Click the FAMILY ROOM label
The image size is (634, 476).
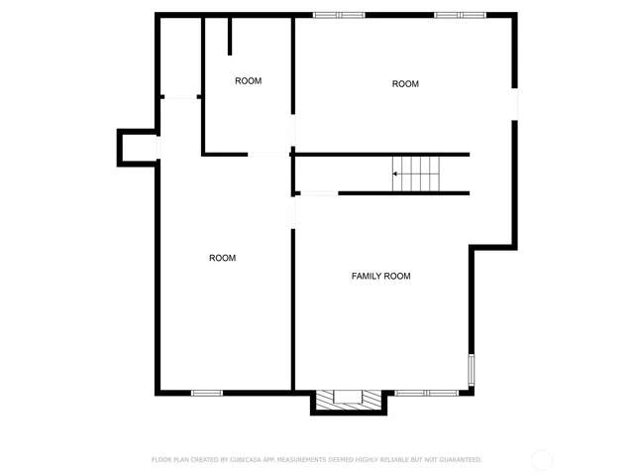pos(380,276)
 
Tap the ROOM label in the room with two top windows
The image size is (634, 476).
pos(405,84)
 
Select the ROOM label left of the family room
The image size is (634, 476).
pos(222,258)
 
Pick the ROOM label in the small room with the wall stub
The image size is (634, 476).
pos(248,81)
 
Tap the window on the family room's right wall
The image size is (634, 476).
pos(472,368)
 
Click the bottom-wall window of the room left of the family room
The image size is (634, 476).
pos(206,393)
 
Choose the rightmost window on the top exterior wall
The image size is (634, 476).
pos(460,14)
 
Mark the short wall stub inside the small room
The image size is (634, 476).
pos(230,35)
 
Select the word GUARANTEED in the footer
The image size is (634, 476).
pos(454,460)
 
